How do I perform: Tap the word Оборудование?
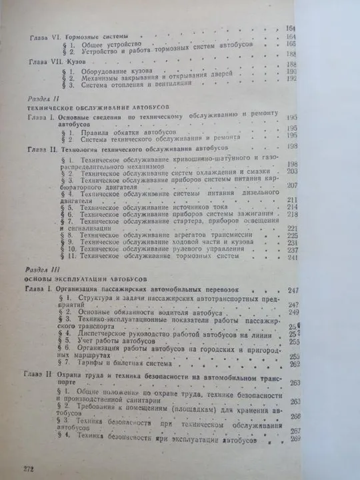click(x=85, y=71)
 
